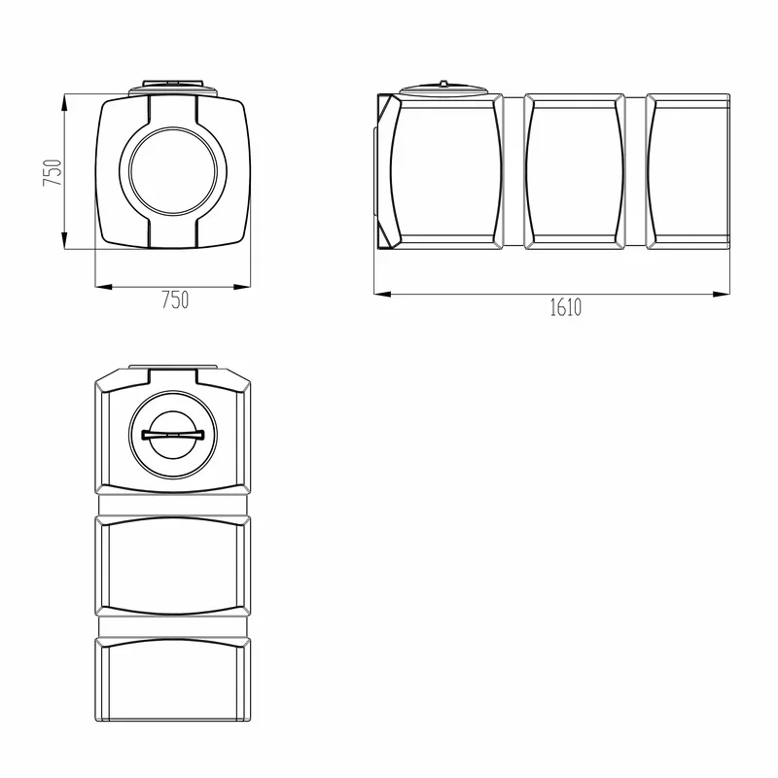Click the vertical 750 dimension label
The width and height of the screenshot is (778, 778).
[53, 172]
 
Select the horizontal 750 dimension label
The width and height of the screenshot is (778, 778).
[175, 301]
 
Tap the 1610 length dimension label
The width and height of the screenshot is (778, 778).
[566, 307]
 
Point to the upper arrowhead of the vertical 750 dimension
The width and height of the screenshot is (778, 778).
[64, 105]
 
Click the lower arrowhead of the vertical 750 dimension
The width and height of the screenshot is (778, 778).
[64, 239]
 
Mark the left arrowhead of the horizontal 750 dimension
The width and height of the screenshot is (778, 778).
[104, 286]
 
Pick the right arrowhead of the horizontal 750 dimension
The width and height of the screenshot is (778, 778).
[241, 286]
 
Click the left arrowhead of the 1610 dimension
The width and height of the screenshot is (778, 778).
[382, 295]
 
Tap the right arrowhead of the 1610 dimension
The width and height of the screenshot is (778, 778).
[721, 295]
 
